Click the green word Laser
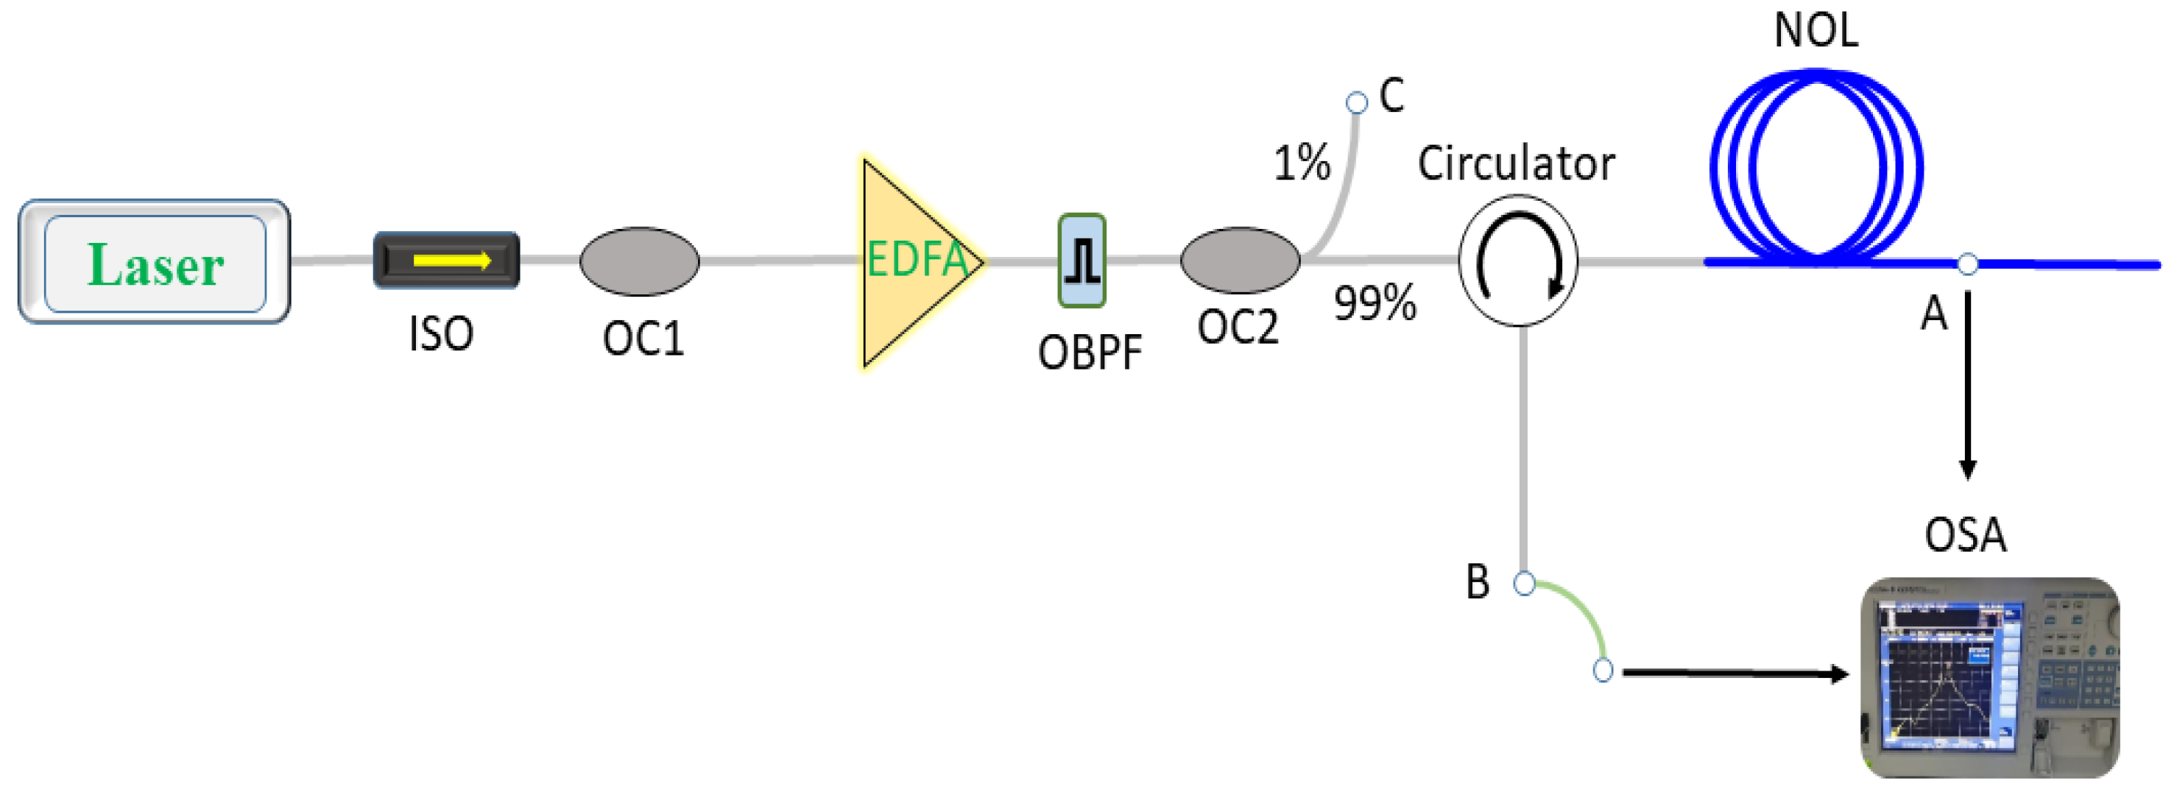coord(155,264)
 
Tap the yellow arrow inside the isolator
coord(451,261)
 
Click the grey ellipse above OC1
coord(639,261)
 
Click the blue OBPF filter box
coord(1082,261)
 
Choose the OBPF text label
coord(1090,353)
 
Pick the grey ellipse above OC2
coord(1240,261)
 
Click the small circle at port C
coord(1356,103)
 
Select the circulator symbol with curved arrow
coord(1519,261)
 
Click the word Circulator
coord(1516,163)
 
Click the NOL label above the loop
coord(1816,30)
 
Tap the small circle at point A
coord(1967,264)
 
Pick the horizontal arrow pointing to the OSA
coord(1732,673)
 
